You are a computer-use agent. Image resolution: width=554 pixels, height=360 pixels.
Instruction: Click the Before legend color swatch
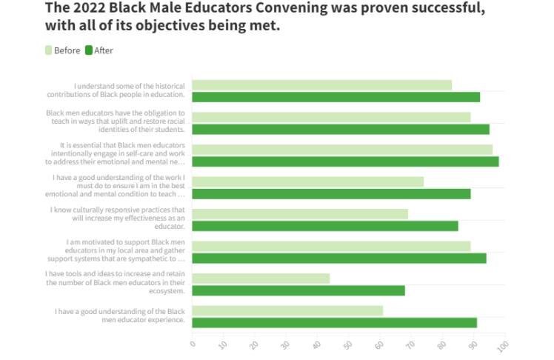49,50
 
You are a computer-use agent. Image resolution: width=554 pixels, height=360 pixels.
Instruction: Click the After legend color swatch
89,50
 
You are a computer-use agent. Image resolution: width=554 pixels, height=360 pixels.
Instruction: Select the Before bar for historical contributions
321,85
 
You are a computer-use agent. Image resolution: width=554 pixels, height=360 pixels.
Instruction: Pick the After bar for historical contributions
336,97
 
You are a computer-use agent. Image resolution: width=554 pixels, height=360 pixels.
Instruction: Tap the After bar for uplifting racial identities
341,129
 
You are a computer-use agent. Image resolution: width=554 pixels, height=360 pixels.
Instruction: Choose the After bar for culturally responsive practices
325,226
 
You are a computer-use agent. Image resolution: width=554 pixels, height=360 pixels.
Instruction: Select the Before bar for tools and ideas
261,278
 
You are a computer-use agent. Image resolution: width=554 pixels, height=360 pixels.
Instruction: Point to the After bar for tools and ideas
298,290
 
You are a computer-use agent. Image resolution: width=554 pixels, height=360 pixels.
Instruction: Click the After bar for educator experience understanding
334,322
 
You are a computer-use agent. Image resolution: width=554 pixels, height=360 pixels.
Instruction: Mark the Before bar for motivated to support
331,246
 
